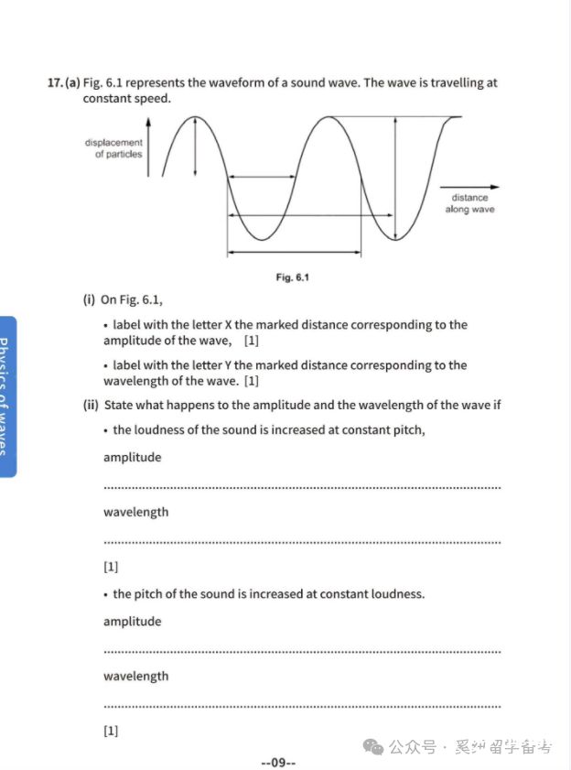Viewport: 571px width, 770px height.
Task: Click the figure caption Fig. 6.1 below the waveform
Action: coord(292,277)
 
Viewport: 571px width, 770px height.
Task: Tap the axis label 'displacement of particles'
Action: coord(114,148)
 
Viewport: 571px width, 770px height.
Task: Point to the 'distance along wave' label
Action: coord(469,203)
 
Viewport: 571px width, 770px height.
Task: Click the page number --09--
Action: coord(278,762)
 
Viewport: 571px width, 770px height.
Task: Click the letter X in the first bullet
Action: coord(229,325)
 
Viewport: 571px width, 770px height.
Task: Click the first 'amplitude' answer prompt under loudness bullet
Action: coord(132,458)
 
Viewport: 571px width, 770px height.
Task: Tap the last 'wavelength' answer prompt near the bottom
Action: coord(135,677)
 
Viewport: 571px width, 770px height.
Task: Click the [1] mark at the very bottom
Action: coord(111,730)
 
